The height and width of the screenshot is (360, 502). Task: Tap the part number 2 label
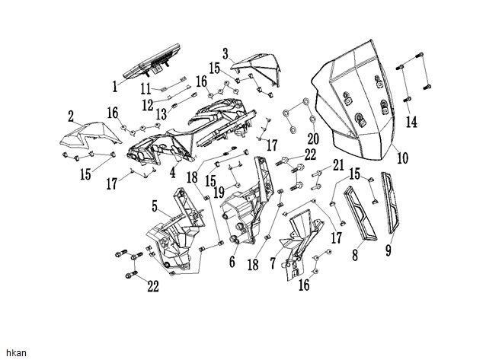(70, 117)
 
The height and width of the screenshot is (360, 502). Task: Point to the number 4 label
(172, 173)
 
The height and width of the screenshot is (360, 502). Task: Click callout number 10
(401, 159)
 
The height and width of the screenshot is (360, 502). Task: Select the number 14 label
(411, 121)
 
